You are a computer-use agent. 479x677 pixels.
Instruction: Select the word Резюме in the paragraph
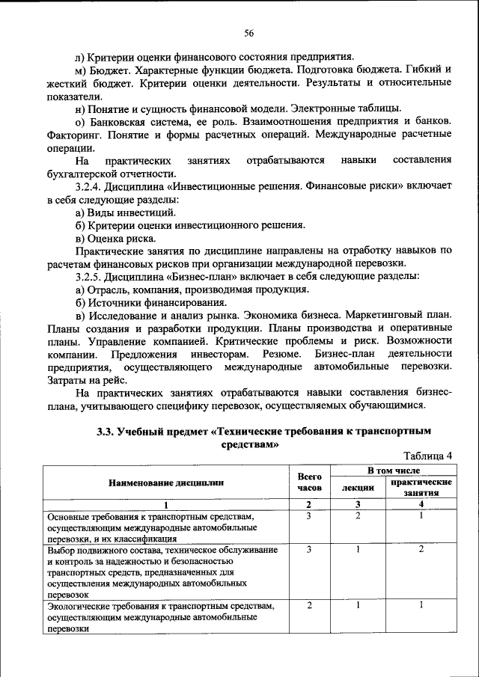coord(282,353)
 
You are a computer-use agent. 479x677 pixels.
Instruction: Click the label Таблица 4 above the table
coord(428,456)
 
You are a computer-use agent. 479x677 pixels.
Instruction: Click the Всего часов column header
coord(309,482)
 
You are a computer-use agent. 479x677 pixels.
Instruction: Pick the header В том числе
coord(393,471)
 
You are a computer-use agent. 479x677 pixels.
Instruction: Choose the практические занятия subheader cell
coord(421,488)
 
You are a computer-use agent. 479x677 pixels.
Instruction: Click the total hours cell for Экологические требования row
coord(309,604)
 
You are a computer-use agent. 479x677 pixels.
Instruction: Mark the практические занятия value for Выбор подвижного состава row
coord(421,549)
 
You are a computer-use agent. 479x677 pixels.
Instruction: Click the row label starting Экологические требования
coord(161,605)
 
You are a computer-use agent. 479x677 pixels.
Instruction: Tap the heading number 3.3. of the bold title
coord(109,432)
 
